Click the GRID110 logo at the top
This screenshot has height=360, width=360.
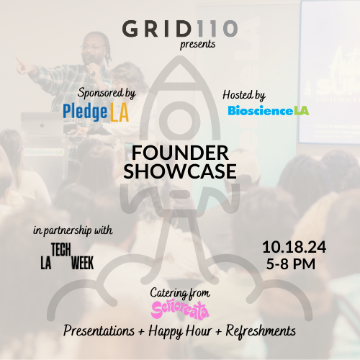click(180, 29)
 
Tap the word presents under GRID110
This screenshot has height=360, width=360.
click(197, 45)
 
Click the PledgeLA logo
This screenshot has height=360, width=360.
click(96, 112)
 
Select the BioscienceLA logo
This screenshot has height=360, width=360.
click(269, 110)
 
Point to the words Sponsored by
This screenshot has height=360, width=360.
click(107, 94)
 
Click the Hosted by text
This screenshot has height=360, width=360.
click(244, 95)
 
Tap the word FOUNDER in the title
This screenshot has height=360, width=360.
click(180, 153)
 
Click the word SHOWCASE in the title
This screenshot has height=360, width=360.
click(180, 171)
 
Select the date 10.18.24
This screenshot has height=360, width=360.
click(294, 247)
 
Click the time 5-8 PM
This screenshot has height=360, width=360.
click(291, 264)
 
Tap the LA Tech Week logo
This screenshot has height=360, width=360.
click(67, 256)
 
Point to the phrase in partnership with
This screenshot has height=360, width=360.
click(73, 230)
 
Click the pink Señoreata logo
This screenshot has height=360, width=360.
click(180, 310)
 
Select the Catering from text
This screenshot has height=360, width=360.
click(180, 293)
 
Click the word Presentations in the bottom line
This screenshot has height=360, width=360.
click(99, 330)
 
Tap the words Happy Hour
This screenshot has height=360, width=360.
click(180, 331)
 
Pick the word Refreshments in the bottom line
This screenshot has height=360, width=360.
click(261, 330)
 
